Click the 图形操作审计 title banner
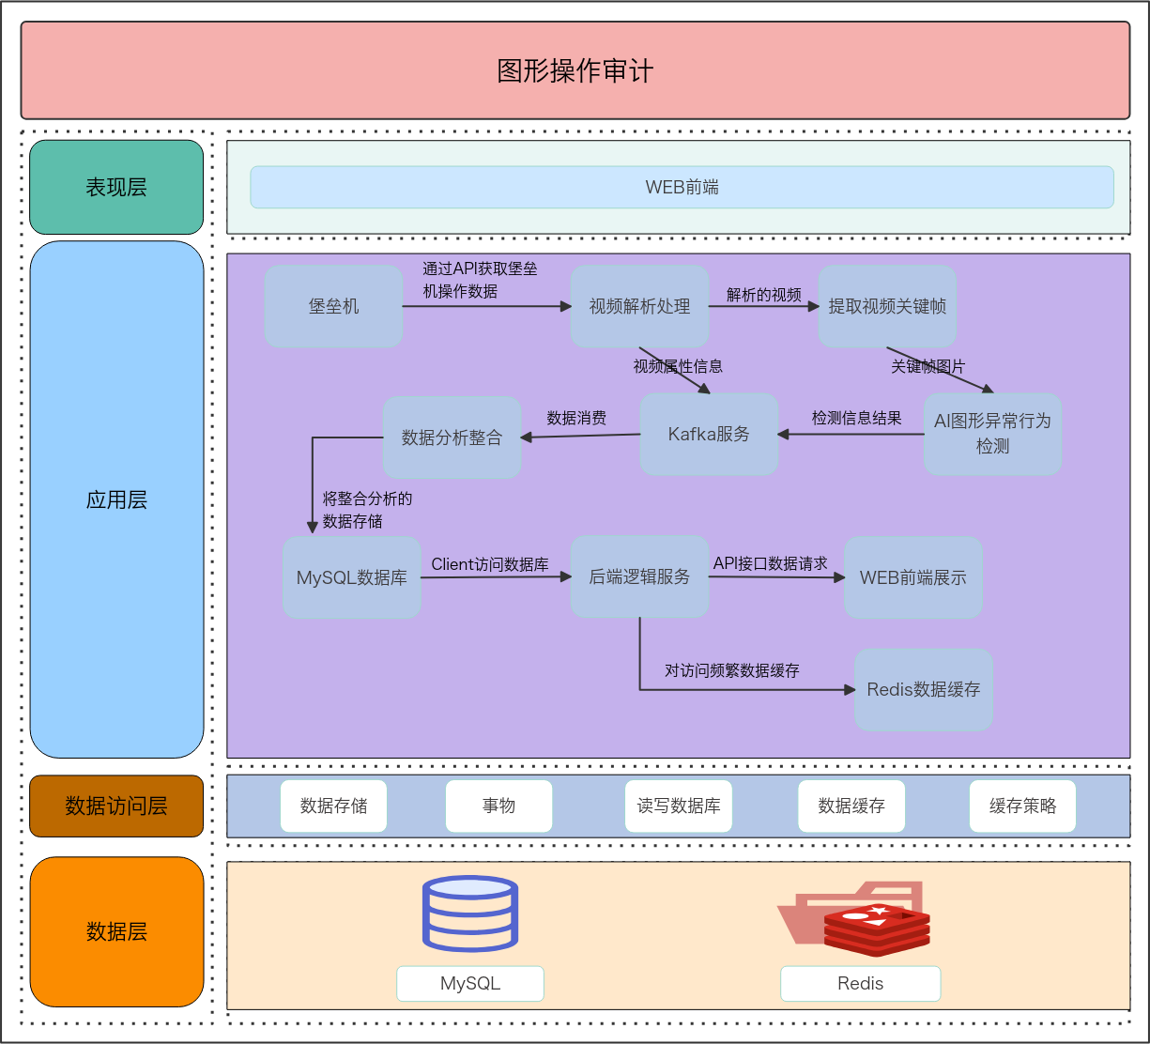coord(575,70)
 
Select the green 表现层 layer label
coord(116,187)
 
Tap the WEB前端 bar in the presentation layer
coord(682,187)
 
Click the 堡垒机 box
coord(333,306)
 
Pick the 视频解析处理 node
coord(639,306)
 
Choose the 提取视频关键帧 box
coord(887,306)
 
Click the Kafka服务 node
coord(709,434)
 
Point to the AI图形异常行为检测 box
coord(992,434)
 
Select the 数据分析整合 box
coord(452,438)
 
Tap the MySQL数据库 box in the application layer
coord(352,577)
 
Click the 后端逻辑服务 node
coord(639,576)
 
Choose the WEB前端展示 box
coord(912,577)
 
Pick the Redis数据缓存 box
coord(923,689)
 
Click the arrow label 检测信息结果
coord(856,418)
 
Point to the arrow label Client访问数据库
coord(490,564)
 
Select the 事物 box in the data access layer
coord(498,806)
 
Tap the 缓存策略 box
coord(1022,806)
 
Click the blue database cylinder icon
coord(470,913)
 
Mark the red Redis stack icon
coord(876,929)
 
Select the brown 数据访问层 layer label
coord(116,806)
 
